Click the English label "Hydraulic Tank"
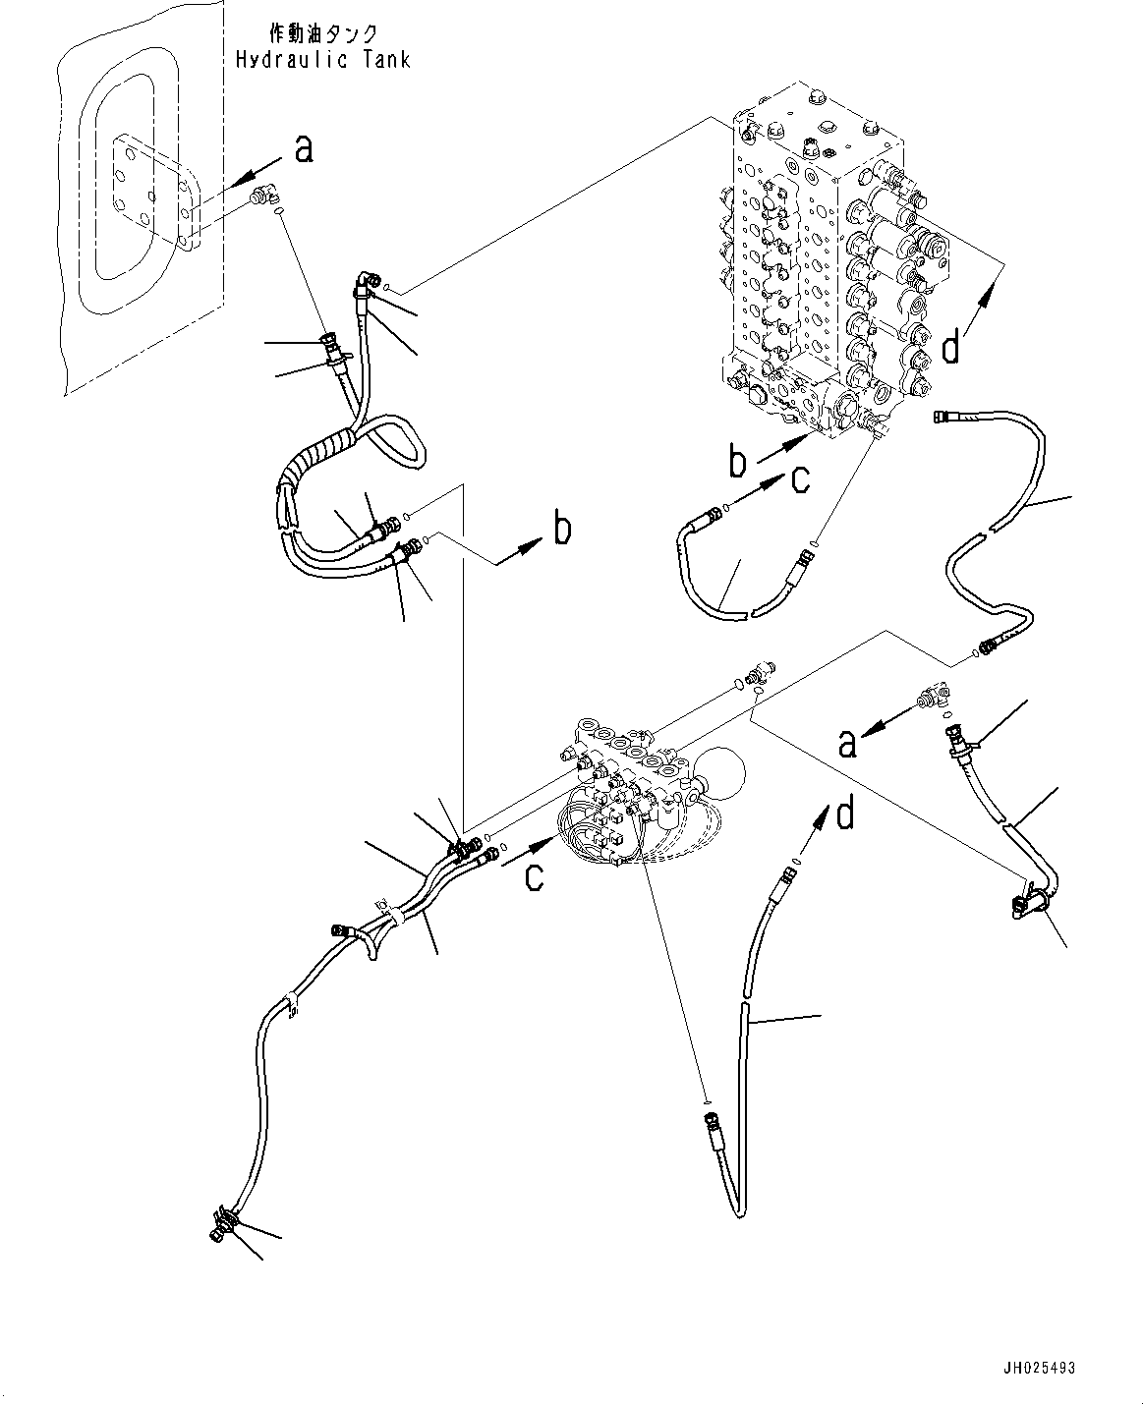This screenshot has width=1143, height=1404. point(322,60)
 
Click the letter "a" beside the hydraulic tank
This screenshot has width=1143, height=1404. point(304,148)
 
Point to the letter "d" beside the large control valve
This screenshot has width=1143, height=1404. point(950,348)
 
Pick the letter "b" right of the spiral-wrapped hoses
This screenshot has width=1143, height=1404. point(561,530)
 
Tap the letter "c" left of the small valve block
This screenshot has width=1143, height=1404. point(533,873)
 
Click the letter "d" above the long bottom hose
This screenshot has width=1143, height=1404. point(844,814)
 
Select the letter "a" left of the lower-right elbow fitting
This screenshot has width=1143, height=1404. point(847,744)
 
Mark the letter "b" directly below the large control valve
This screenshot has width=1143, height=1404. point(739,462)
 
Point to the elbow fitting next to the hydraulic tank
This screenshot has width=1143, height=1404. point(263,197)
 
